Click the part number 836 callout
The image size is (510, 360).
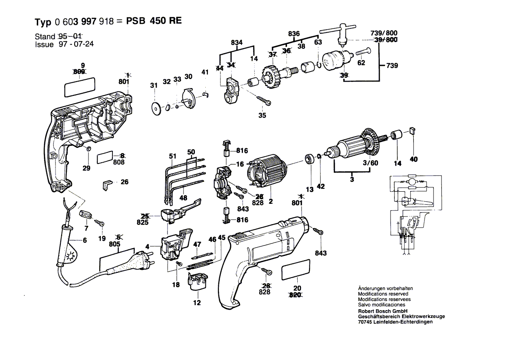(294, 34)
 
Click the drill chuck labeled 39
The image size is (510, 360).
(335, 61)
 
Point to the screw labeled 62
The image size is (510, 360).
(362, 52)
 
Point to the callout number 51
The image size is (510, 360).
(173, 156)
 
